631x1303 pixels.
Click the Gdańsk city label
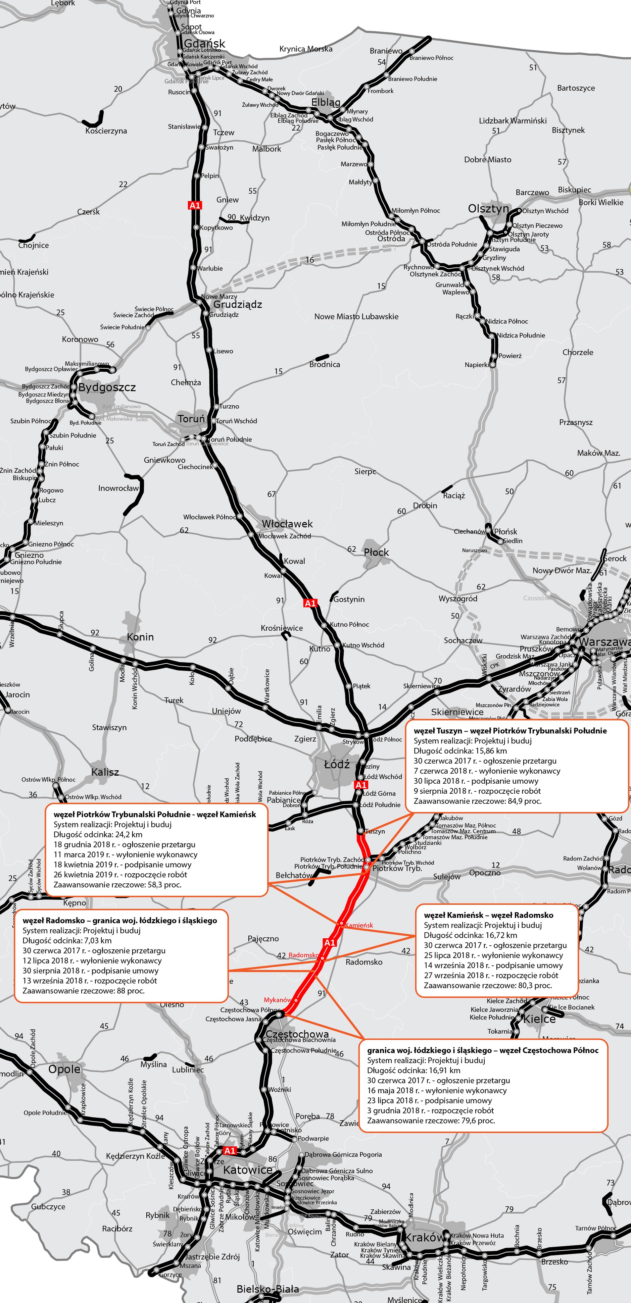pyautogui.click(x=204, y=44)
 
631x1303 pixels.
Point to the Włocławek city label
pyautogui.click(x=287, y=524)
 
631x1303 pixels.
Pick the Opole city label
pyautogui.click(x=64, y=1069)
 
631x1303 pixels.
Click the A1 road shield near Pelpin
pyautogui.click(x=195, y=205)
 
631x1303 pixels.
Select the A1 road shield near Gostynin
pyautogui.click(x=310, y=603)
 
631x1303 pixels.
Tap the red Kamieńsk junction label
pyautogui.click(x=359, y=925)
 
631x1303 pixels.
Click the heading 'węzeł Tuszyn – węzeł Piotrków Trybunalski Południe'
pyautogui.click(x=510, y=730)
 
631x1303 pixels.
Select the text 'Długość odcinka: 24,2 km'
pyautogui.click(x=98, y=834)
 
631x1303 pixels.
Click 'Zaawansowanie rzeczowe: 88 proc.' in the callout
pyautogui.click(x=84, y=990)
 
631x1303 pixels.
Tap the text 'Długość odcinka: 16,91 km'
pyautogui.click(x=414, y=1070)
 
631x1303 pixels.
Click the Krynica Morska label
pyautogui.click(x=306, y=49)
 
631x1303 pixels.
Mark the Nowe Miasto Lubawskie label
pyautogui.click(x=356, y=317)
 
